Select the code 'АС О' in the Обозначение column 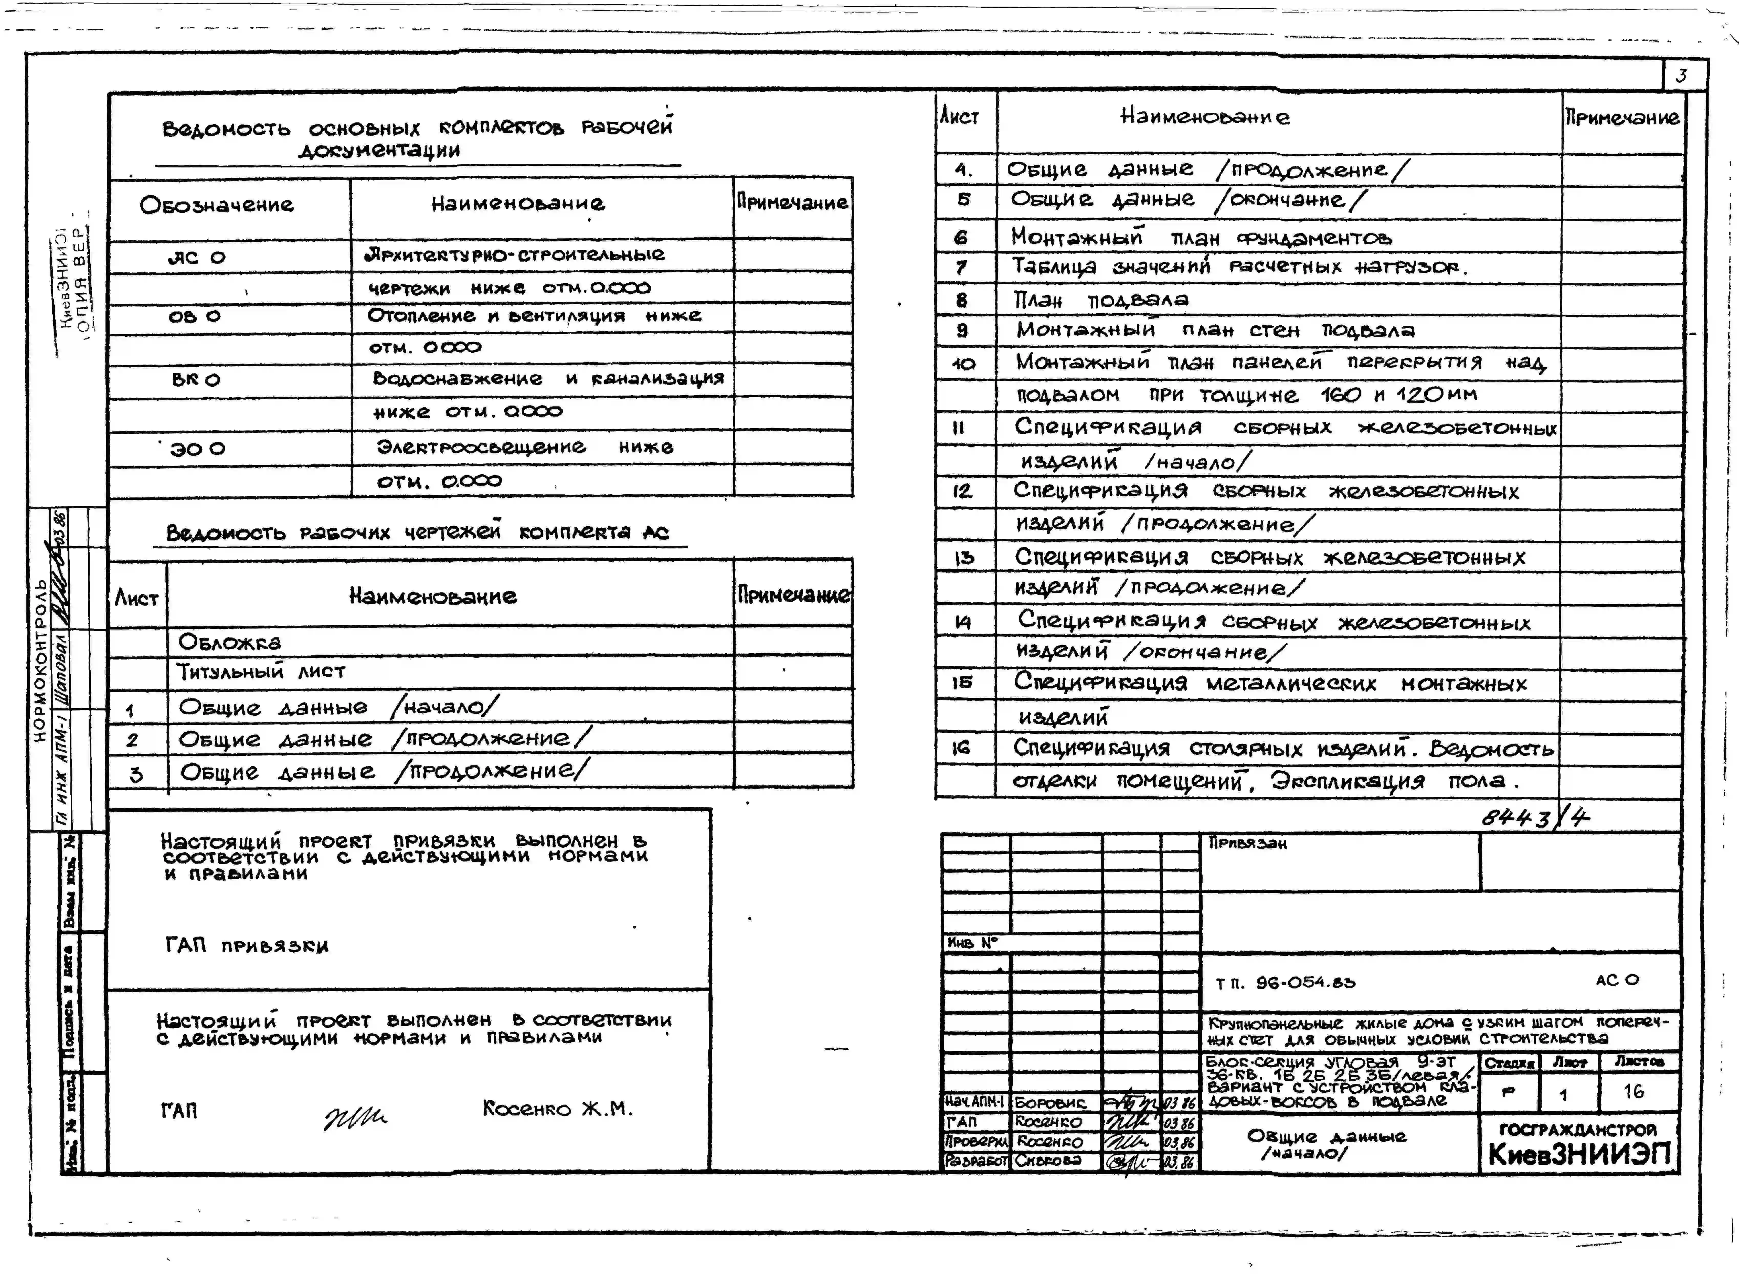pyautogui.click(x=196, y=257)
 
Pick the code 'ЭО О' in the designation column pyautogui.click(x=198, y=448)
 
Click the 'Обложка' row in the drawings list pyautogui.click(x=230, y=642)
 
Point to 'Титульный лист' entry pyautogui.click(x=261, y=672)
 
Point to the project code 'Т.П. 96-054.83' pyautogui.click(x=1285, y=983)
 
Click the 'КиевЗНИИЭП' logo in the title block pyautogui.click(x=1579, y=1154)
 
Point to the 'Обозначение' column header pyautogui.click(x=216, y=205)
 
